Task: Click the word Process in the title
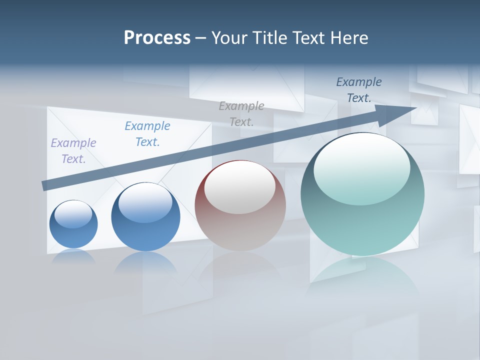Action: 157,38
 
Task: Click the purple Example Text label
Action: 73,151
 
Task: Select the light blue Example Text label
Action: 147,134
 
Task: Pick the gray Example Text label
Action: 241,114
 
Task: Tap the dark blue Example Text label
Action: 359,90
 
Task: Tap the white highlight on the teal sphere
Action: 362,167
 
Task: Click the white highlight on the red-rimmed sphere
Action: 240,187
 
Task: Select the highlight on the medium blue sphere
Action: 145,202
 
